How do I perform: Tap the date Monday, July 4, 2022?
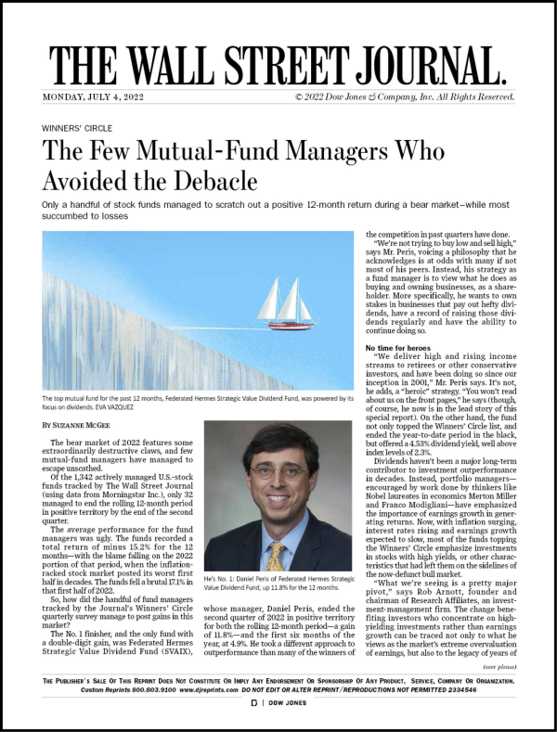pos(92,97)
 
